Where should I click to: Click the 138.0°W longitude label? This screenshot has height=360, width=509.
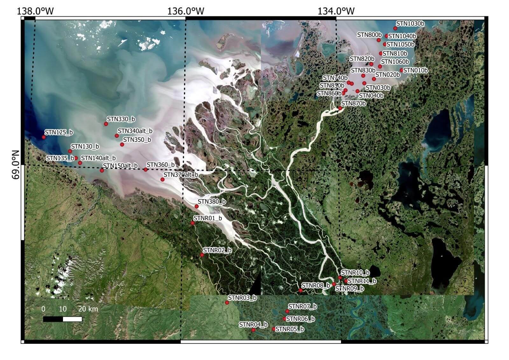pos(35,11)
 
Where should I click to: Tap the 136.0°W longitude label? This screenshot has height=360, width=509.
pos(185,11)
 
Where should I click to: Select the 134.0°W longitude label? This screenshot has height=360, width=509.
pos(336,11)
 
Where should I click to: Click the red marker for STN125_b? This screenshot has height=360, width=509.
pos(44,137)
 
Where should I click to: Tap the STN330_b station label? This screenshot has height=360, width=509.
pos(121,119)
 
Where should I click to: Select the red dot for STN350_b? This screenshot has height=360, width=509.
pos(122,145)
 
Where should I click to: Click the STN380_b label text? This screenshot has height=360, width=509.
pos(212,201)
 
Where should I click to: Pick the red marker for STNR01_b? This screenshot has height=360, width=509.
pos(192,223)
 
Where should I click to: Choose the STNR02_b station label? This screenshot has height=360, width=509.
pos(217,250)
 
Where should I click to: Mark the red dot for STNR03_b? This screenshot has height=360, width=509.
pos(227,303)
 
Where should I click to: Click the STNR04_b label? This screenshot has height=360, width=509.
pos(253,325)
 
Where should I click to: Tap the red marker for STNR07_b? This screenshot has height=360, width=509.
pos(287,311)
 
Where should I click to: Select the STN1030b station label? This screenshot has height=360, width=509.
pos(410,24)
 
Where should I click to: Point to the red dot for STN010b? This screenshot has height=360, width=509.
pos(401,70)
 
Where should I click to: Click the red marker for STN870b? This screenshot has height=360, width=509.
pos(340,108)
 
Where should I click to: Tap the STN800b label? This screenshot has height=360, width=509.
pos(369,35)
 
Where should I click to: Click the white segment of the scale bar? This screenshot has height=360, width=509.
pos(73,319)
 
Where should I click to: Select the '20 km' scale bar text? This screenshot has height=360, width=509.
pos(88,309)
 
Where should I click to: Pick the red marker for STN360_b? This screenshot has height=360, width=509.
pos(145,170)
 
